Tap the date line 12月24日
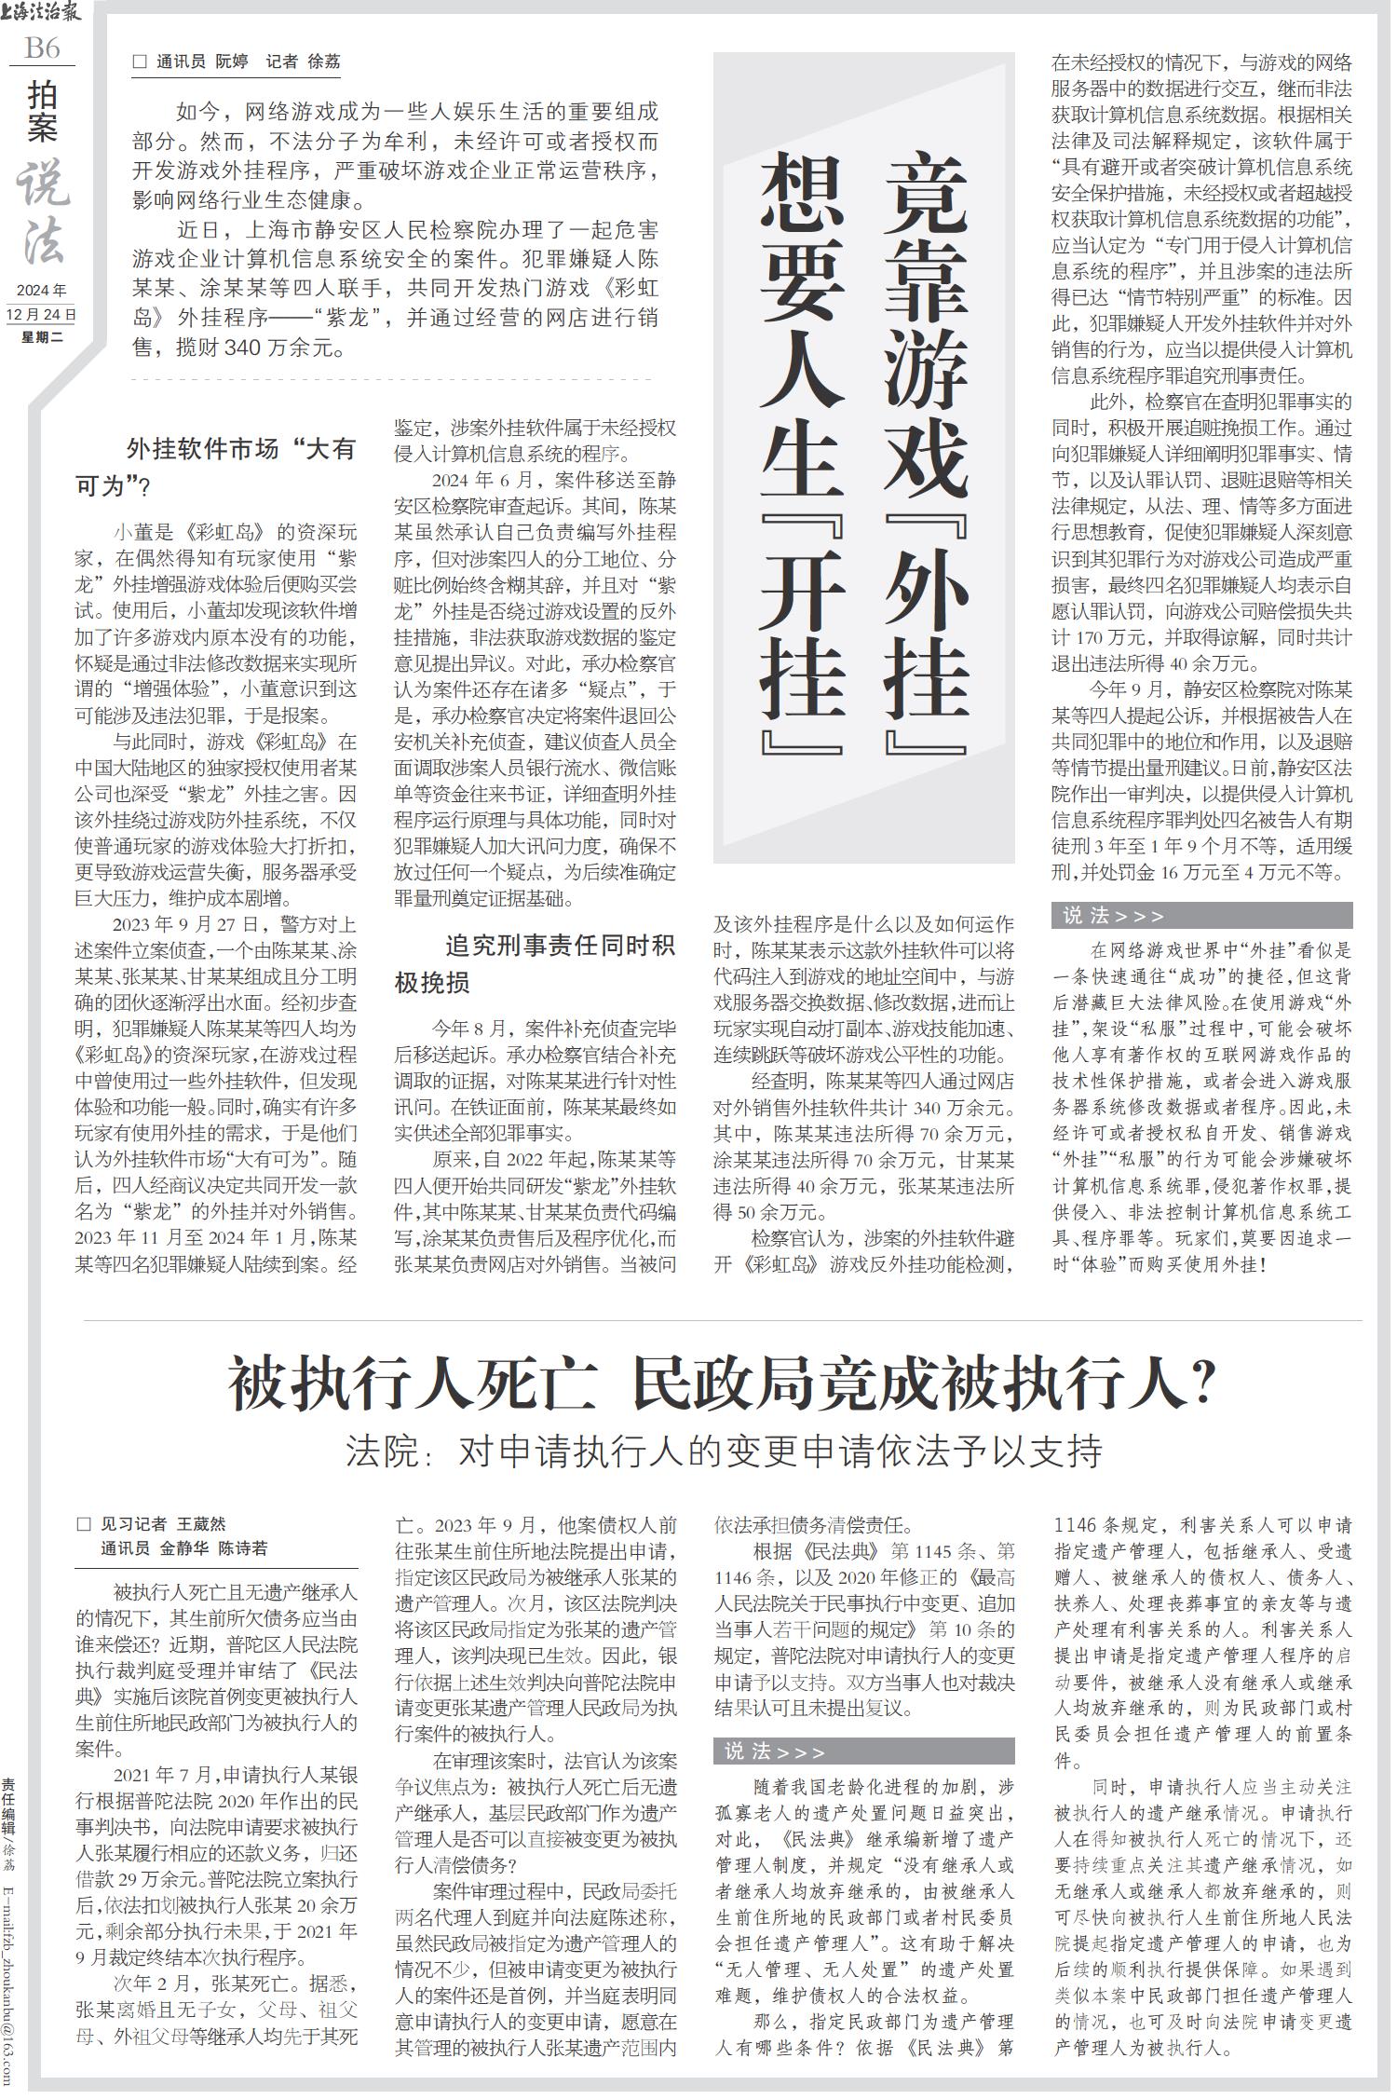41,315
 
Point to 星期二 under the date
42,336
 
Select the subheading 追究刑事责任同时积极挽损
536,964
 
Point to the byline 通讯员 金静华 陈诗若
183,1548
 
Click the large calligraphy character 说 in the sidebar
42,182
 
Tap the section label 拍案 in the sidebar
42,111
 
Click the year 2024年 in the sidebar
42,292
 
